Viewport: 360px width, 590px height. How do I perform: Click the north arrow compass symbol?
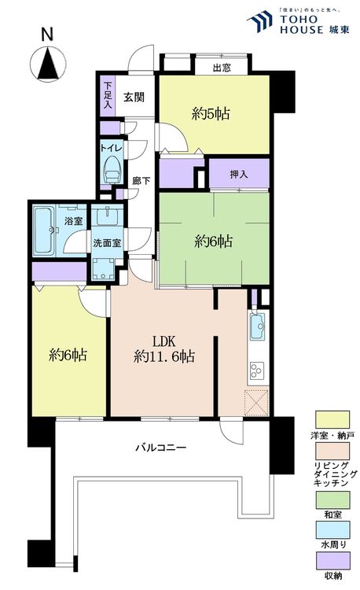(x=48, y=64)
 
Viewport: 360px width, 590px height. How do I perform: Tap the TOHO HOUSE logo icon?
(x=259, y=21)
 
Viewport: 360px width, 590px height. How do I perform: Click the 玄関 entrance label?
(x=134, y=97)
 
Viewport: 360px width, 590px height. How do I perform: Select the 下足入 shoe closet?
(x=108, y=96)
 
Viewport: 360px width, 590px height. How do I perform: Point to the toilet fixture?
(x=112, y=170)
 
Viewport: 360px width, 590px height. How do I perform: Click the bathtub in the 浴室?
(x=44, y=230)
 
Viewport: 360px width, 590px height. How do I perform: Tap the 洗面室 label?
(x=108, y=243)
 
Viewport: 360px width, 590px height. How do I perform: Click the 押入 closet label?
(x=239, y=175)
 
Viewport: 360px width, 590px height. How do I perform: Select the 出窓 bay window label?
(x=222, y=68)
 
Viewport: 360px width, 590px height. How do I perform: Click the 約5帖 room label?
(x=211, y=113)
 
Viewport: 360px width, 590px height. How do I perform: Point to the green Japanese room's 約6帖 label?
(x=213, y=242)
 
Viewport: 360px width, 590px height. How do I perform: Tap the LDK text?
(x=163, y=341)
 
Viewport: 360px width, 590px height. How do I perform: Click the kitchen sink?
(x=258, y=326)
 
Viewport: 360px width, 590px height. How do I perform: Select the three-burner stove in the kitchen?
(x=257, y=371)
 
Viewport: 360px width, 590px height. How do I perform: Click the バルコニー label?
(x=161, y=448)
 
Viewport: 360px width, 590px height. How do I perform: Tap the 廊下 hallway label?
(x=141, y=181)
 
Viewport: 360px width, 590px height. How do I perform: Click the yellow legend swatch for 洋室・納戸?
(x=332, y=420)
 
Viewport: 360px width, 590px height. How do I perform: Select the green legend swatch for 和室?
(x=332, y=500)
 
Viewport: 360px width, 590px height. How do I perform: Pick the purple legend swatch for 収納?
(x=332, y=560)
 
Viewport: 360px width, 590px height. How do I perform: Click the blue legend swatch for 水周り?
(x=332, y=529)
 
